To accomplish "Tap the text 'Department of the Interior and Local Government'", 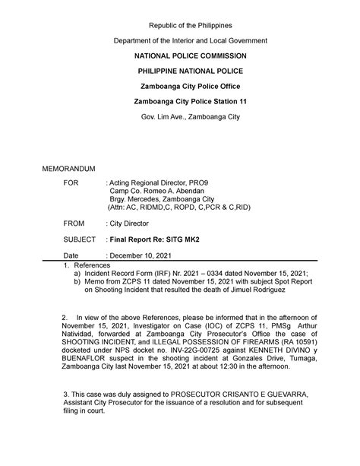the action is [x=179, y=40].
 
